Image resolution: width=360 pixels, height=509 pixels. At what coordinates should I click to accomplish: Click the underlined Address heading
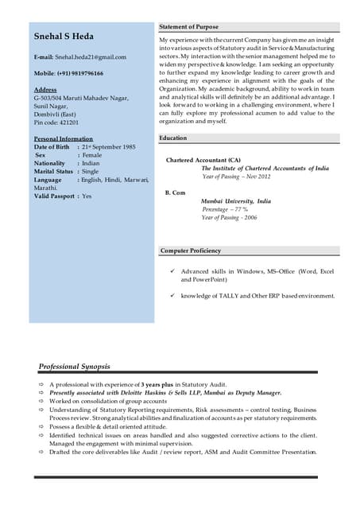point(45,90)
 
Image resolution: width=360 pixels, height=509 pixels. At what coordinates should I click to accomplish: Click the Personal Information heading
point(64,139)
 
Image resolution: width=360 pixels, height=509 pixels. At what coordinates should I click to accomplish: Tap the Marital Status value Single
point(91,172)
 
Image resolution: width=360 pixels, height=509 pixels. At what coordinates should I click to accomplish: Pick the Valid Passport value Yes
point(87,196)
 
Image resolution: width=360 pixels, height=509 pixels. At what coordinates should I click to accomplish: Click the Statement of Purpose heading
point(188,27)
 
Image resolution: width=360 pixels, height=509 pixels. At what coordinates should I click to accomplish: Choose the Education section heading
point(173,138)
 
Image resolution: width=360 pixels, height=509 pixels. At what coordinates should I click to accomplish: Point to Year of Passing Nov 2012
point(236,177)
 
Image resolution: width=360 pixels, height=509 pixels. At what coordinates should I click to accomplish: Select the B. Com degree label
point(175,193)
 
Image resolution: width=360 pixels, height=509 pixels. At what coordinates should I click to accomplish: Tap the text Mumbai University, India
point(235,201)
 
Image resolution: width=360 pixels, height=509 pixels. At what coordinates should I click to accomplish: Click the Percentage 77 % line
point(224,209)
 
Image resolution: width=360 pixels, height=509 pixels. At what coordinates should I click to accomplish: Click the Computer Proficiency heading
point(191,251)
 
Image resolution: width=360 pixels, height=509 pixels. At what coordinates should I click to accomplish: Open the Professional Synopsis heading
point(75,367)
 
